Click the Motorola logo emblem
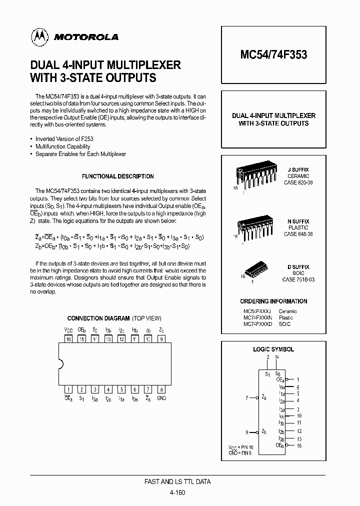pyautogui.click(x=38, y=36)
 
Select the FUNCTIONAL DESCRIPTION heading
pyautogui.click(x=117, y=176)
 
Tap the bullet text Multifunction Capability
pyautogui.click(x=62, y=146)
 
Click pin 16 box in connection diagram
pyautogui.click(x=68, y=338)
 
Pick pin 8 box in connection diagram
pyautogui.click(x=160, y=389)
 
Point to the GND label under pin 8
pyautogui.click(x=161, y=398)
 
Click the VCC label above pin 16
pyautogui.click(x=68, y=330)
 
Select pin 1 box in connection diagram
pyautogui.click(x=68, y=389)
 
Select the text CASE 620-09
pyautogui.click(x=298, y=183)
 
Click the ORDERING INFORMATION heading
pyautogui.click(x=273, y=301)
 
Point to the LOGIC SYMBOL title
pyautogui.click(x=273, y=349)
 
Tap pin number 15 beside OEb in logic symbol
pyautogui.click(x=299, y=445)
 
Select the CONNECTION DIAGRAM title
pyautogui.click(x=114, y=318)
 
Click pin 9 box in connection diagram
pyautogui.click(x=160, y=338)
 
